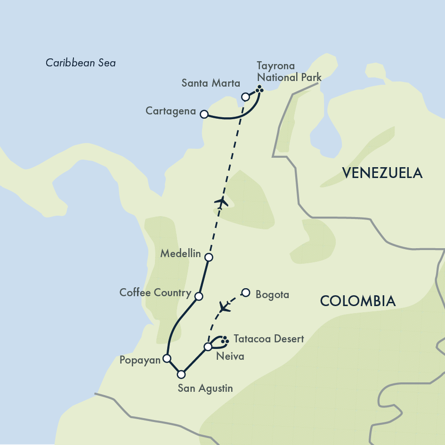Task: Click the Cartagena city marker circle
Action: tap(204, 114)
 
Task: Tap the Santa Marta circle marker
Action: tap(245, 97)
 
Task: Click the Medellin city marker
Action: tap(209, 257)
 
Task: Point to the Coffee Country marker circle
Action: tap(199, 296)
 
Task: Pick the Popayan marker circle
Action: tap(166, 358)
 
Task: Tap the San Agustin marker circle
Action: tap(181, 374)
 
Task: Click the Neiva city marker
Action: tap(208, 347)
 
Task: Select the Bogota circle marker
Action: tap(245, 292)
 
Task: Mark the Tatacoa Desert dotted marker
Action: tap(225, 339)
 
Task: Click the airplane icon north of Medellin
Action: tap(221, 202)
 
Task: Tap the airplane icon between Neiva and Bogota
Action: tap(226, 307)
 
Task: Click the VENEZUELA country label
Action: tap(382, 173)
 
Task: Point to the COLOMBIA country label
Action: tap(357, 301)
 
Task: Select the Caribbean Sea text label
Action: tap(81, 63)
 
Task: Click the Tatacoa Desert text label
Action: tap(268, 339)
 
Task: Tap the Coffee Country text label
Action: tap(155, 293)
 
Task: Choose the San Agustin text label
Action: tap(205, 388)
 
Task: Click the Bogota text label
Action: tap(272, 295)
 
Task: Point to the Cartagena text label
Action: tap(170, 111)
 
